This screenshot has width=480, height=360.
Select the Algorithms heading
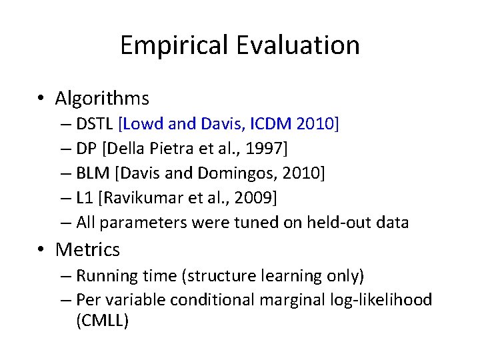pos(102,99)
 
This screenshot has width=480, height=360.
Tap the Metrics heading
pos(87,249)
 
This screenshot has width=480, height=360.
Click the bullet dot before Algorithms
pos(42,99)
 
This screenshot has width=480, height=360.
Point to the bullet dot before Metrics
pos(42,250)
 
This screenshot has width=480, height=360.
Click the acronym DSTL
pos(95,124)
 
